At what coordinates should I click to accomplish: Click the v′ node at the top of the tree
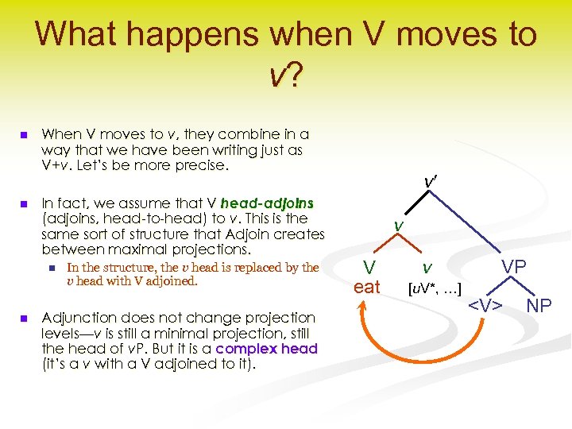click(x=431, y=183)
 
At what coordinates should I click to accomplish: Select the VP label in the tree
click(x=513, y=267)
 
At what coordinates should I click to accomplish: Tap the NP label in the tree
click(x=539, y=305)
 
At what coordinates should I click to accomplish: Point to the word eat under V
click(x=366, y=287)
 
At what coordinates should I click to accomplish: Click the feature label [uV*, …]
click(x=435, y=286)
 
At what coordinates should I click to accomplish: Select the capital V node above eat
click(x=369, y=267)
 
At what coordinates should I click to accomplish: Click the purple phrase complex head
click(x=266, y=348)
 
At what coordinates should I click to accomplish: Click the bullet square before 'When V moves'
click(x=25, y=135)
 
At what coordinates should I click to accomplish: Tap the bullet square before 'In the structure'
click(x=52, y=269)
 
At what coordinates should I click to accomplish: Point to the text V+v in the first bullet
click(x=57, y=165)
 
